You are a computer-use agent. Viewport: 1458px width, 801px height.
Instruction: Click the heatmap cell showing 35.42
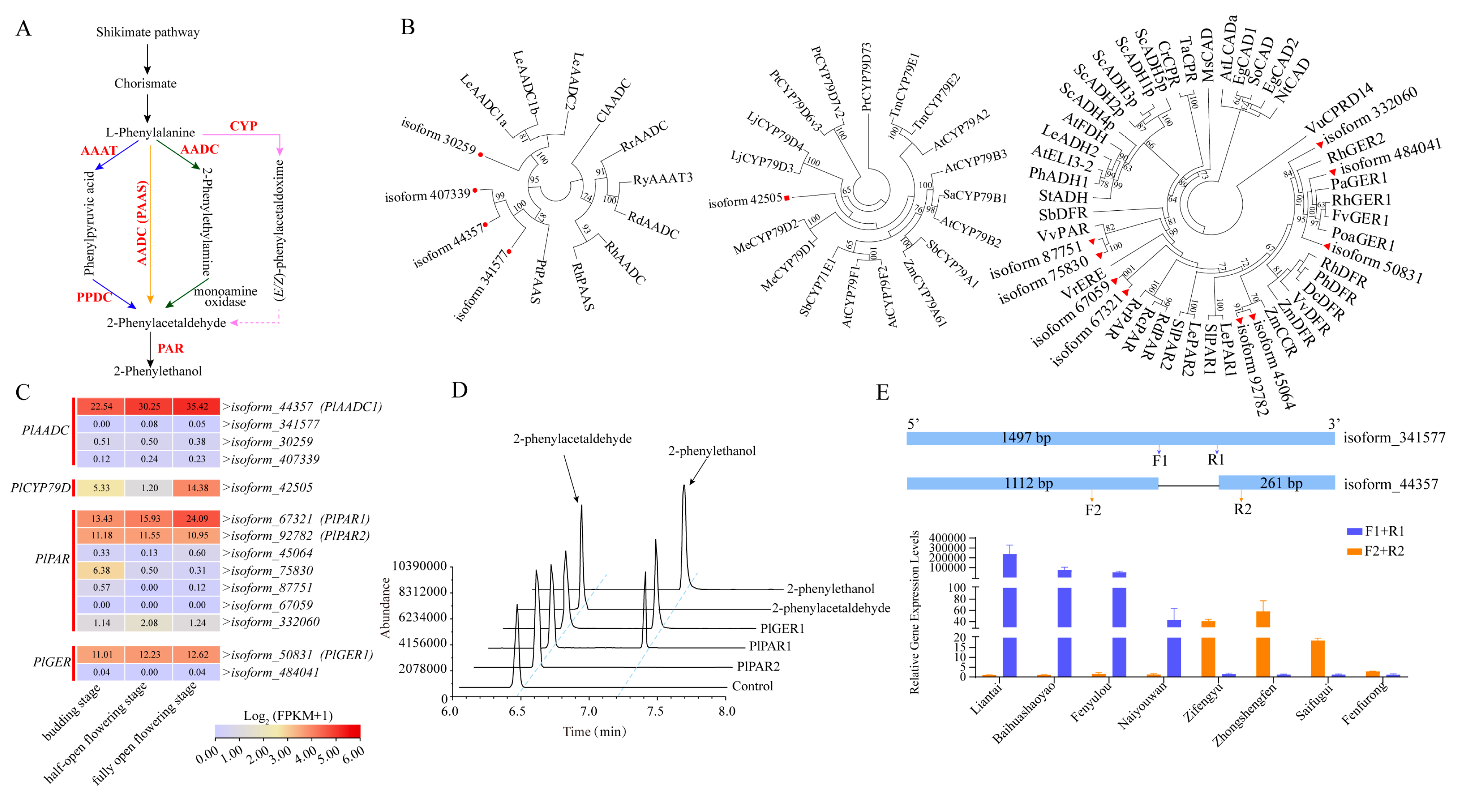pos(197,406)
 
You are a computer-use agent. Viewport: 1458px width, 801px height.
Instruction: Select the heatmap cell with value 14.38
pos(197,487)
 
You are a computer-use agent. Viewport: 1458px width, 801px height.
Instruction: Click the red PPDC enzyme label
pos(94,297)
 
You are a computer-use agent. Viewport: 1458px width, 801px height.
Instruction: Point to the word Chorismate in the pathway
pos(146,84)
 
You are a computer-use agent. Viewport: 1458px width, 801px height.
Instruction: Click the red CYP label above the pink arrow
pos(243,126)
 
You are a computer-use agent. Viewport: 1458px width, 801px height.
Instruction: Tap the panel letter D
pos(459,390)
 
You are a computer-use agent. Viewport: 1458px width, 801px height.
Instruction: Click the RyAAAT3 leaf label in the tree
pos(662,179)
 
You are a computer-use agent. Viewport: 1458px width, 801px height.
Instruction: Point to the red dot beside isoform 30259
pos(480,155)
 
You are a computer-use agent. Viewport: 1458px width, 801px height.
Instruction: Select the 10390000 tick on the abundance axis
pos(419,566)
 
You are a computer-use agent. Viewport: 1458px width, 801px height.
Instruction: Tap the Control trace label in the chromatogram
pos(752,686)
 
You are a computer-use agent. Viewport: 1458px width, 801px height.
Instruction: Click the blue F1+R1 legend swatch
pos(1354,531)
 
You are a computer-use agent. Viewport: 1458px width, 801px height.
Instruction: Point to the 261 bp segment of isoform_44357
pos(1276,483)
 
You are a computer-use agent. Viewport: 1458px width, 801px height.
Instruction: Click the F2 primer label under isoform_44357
pos(1093,510)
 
